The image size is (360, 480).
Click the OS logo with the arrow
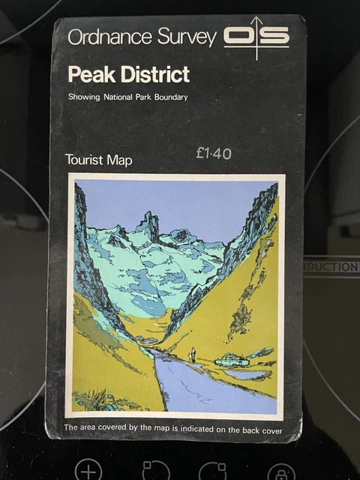click(x=256, y=36)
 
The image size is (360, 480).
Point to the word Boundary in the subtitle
click(x=167, y=97)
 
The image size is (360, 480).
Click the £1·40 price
click(x=213, y=154)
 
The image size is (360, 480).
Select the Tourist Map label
click(x=98, y=159)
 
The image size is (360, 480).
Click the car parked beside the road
click(x=232, y=361)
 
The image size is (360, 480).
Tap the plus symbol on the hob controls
click(x=88, y=469)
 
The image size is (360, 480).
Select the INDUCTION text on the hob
click(x=331, y=267)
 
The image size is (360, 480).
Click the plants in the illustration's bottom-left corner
click(x=97, y=400)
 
